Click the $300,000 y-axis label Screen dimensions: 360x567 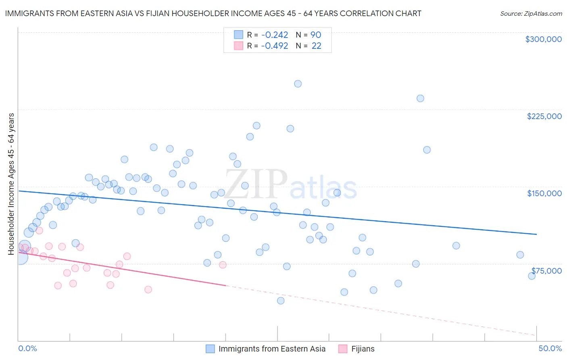click(x=543, y=39)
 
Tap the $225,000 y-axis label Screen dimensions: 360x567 click(x=544, y=116)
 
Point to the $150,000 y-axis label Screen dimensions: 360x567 click(x=544, y=193)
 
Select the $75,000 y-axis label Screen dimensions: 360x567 click(x=546, y=271)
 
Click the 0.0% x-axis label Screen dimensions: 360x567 click(x=28, y=348)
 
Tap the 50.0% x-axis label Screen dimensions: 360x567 click(x=550, y=348)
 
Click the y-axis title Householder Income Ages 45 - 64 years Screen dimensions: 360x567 click(x=11, y=184)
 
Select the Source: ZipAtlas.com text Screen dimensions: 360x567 click(x=531, y=14)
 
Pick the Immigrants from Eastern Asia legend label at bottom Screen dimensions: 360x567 click(x=272, y=349)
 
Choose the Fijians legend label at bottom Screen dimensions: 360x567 click(x=363, y=349)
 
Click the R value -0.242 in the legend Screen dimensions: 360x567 click(x=274, y=35)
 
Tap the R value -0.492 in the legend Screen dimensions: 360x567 click(x=274, y=46)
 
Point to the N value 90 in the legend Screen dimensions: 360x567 click(x=316, y=35)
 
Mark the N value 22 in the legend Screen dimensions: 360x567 click(x=317, y=46)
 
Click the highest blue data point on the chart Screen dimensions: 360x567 click(x=298, y=84)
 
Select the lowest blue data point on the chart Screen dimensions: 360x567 click(x=281, y=301)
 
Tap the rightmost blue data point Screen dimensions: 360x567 click(x=532, y=276)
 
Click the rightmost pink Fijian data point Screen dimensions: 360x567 click(x=223, y=265)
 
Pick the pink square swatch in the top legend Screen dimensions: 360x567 click(x=238, y=46)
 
